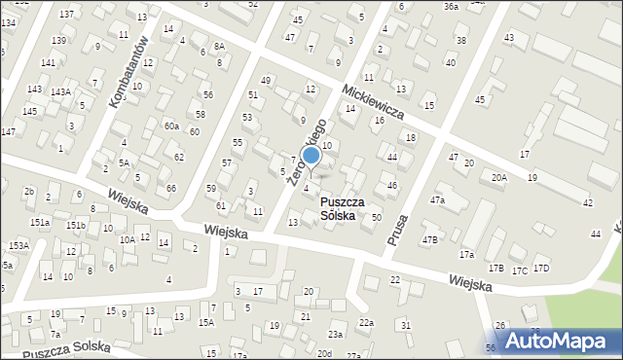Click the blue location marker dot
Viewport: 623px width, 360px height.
[311, 155]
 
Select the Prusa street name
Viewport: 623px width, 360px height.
[397, 230]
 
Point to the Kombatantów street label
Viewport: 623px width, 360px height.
[128, 72]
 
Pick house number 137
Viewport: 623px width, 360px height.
[66, 14]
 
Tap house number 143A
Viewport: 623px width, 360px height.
[60, 92]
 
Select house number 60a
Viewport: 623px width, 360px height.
[171, 126]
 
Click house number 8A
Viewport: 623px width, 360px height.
[219, 46]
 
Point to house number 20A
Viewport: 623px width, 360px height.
[499, 177]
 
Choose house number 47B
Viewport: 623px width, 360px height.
[429, 239]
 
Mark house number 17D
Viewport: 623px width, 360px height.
[541, 269]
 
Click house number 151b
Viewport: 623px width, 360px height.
[76, 226]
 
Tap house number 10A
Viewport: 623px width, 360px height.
[127, 239]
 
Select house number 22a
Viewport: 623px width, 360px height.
[365, 322]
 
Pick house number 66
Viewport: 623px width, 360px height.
[171, 188]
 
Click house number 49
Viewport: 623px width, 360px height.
[266, 80]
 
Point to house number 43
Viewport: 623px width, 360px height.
[508, 37]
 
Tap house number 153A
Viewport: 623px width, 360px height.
[18, 246]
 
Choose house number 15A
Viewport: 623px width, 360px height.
[205, 323]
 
